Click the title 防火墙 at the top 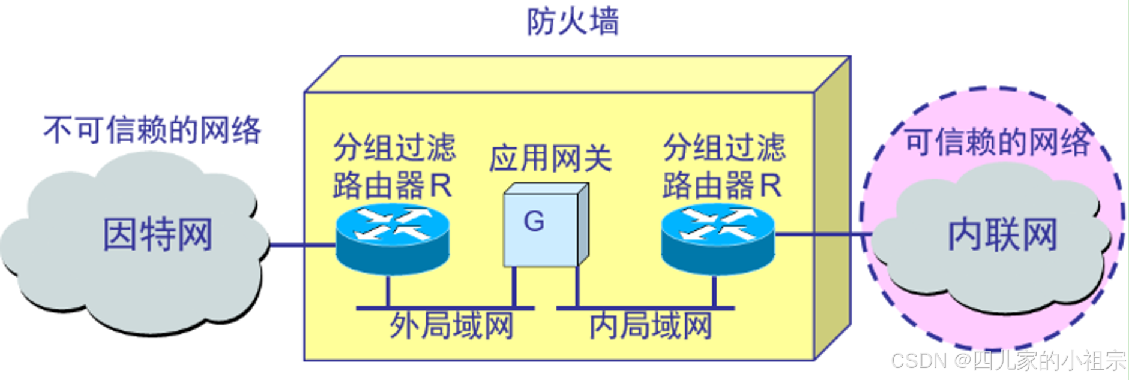pos(573,22)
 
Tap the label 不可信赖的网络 pos(152,130)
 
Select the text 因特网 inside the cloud pos(158,234)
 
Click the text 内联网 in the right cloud pos(1002,234)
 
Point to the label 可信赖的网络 pos(998,142)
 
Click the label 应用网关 pos(550,159)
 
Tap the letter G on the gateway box pos(534,222)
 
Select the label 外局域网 pos(451,326)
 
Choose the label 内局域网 pos(651,326)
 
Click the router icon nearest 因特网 pos(393,239)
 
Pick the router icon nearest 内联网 pos(718,239)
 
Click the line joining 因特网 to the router pos(302,245)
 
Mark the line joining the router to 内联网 pos(822,234)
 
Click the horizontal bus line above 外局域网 pos(445,308)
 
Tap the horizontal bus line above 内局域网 pos(645,308)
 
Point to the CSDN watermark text pos(1008,360)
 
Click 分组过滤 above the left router pos(394,148)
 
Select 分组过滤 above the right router pos(724,148)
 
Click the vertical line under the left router pos(388,291)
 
